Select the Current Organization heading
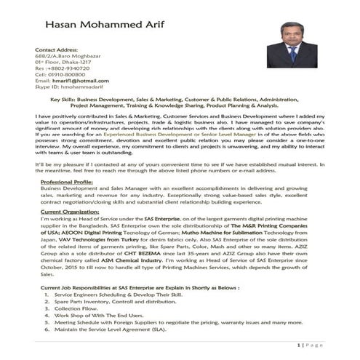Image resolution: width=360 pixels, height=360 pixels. pos(71,211)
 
